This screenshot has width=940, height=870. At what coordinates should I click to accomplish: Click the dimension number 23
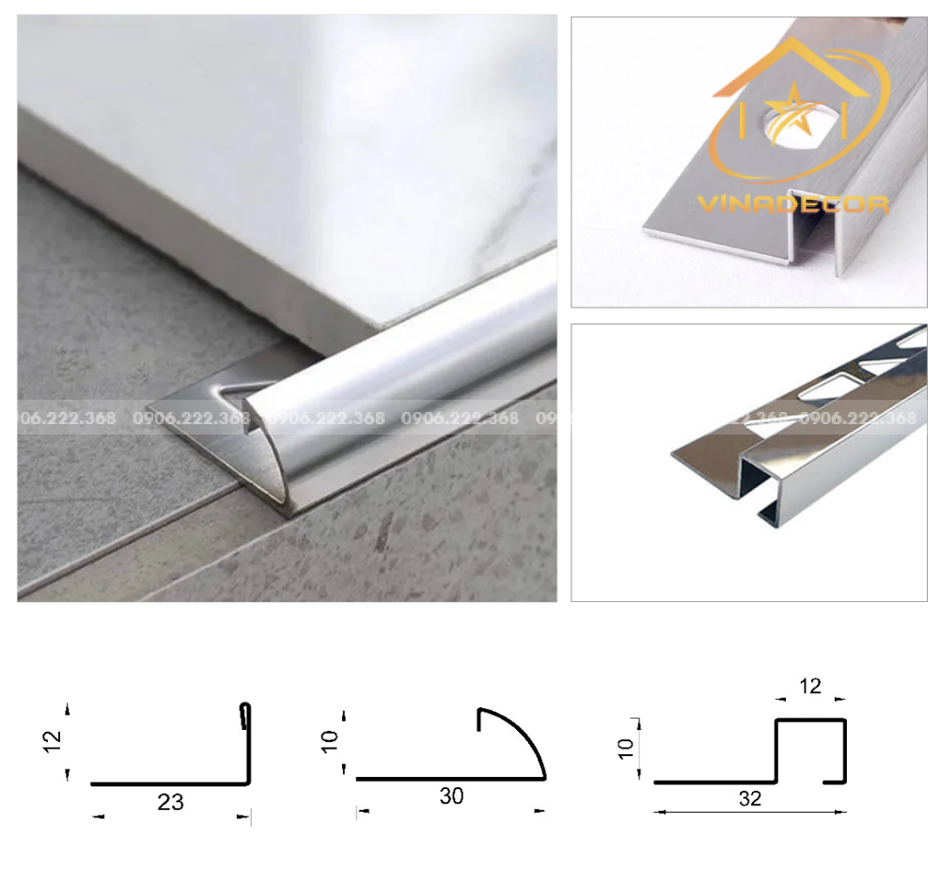tap(170, 802)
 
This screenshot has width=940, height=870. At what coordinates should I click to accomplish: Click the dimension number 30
tap(451, 797)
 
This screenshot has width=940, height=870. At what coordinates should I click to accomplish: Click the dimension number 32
tap(750, 799)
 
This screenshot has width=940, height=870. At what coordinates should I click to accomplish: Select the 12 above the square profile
tap(809, 687)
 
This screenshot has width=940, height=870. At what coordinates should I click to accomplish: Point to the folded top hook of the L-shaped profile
tap(245, 715)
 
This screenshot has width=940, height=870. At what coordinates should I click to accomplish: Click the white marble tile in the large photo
tap(282, 160)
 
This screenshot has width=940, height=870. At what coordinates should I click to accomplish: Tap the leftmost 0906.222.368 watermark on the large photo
tap(66, 419)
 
